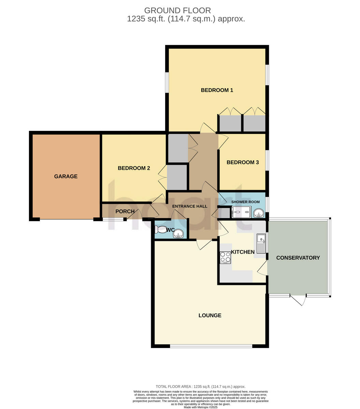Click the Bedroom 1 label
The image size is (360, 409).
[217, 90]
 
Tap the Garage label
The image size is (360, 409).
[66, 177]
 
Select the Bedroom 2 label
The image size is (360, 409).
[134, 168]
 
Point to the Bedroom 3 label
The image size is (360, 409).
[243, 163]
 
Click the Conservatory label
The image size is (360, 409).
[298, 258]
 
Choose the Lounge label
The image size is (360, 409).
[210, 316]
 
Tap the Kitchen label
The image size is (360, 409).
[243, 252]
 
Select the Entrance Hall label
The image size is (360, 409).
[190, 206]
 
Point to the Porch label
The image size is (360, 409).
[125, 212]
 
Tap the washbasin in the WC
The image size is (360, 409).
[178, 234]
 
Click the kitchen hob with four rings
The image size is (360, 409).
[225, 258]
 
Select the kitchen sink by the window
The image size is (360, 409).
[261, 243]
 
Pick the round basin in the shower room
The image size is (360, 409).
[258, 213]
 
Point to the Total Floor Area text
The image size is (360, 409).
[200, 387]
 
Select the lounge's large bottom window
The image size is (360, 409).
[211, 346]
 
